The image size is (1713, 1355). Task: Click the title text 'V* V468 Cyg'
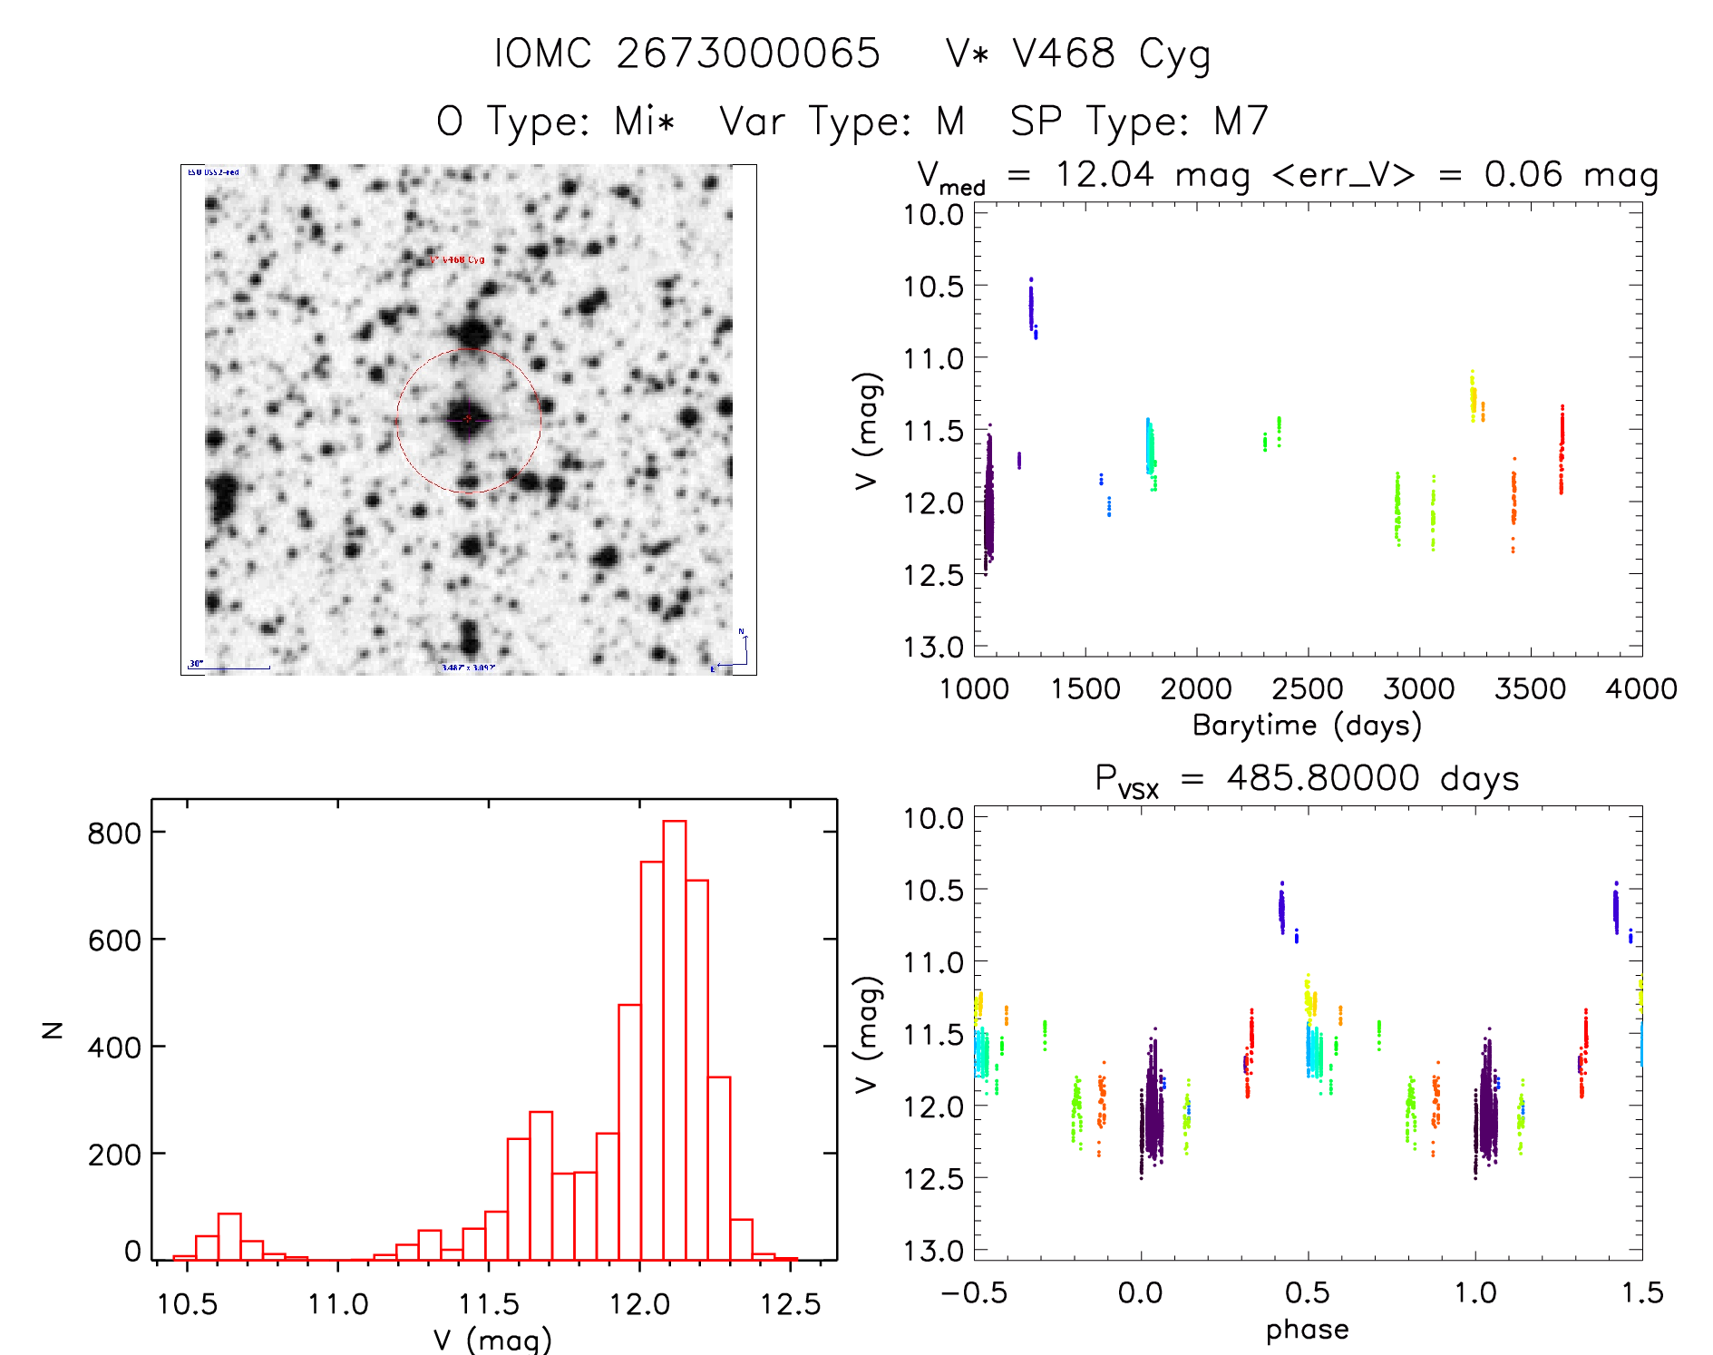[1077, 54]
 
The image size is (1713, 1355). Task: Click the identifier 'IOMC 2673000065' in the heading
[687, 54]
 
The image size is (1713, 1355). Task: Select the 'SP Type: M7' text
[1139, 122]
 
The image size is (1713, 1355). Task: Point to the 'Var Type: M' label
[842, 122]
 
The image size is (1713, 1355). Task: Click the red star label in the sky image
[458, 260]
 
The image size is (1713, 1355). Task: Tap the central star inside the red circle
[467, 419]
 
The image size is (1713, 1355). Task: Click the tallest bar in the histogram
[674, 1039]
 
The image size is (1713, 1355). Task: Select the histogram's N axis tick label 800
[114, 833]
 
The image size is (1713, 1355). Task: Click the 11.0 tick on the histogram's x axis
[337, 1304]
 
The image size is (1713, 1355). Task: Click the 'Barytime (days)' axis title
[1307, 726]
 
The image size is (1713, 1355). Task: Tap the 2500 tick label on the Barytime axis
[1307, 689]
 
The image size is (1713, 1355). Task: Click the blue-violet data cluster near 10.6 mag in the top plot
[1031, 307]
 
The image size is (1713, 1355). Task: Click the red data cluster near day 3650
[1562, 449]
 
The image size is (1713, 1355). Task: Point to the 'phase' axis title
[1307, 1330]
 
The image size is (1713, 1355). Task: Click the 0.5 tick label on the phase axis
[1307, 1293]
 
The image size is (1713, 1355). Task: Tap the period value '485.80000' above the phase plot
[1323, 779]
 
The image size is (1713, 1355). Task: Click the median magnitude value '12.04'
[1104, 174]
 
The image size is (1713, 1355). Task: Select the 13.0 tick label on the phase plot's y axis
[932, 1251]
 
